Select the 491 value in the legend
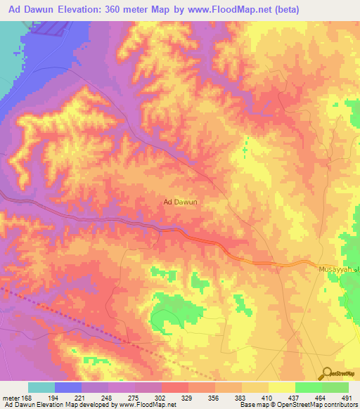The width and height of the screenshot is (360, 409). pos(346,398)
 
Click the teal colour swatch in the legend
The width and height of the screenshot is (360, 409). pos(41,387)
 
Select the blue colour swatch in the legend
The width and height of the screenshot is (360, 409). pos(68,387)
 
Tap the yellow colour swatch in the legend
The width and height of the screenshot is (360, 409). pos(281,387)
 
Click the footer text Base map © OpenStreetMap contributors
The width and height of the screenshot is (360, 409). pos(297,405)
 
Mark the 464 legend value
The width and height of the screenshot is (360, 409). pos(320,398)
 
